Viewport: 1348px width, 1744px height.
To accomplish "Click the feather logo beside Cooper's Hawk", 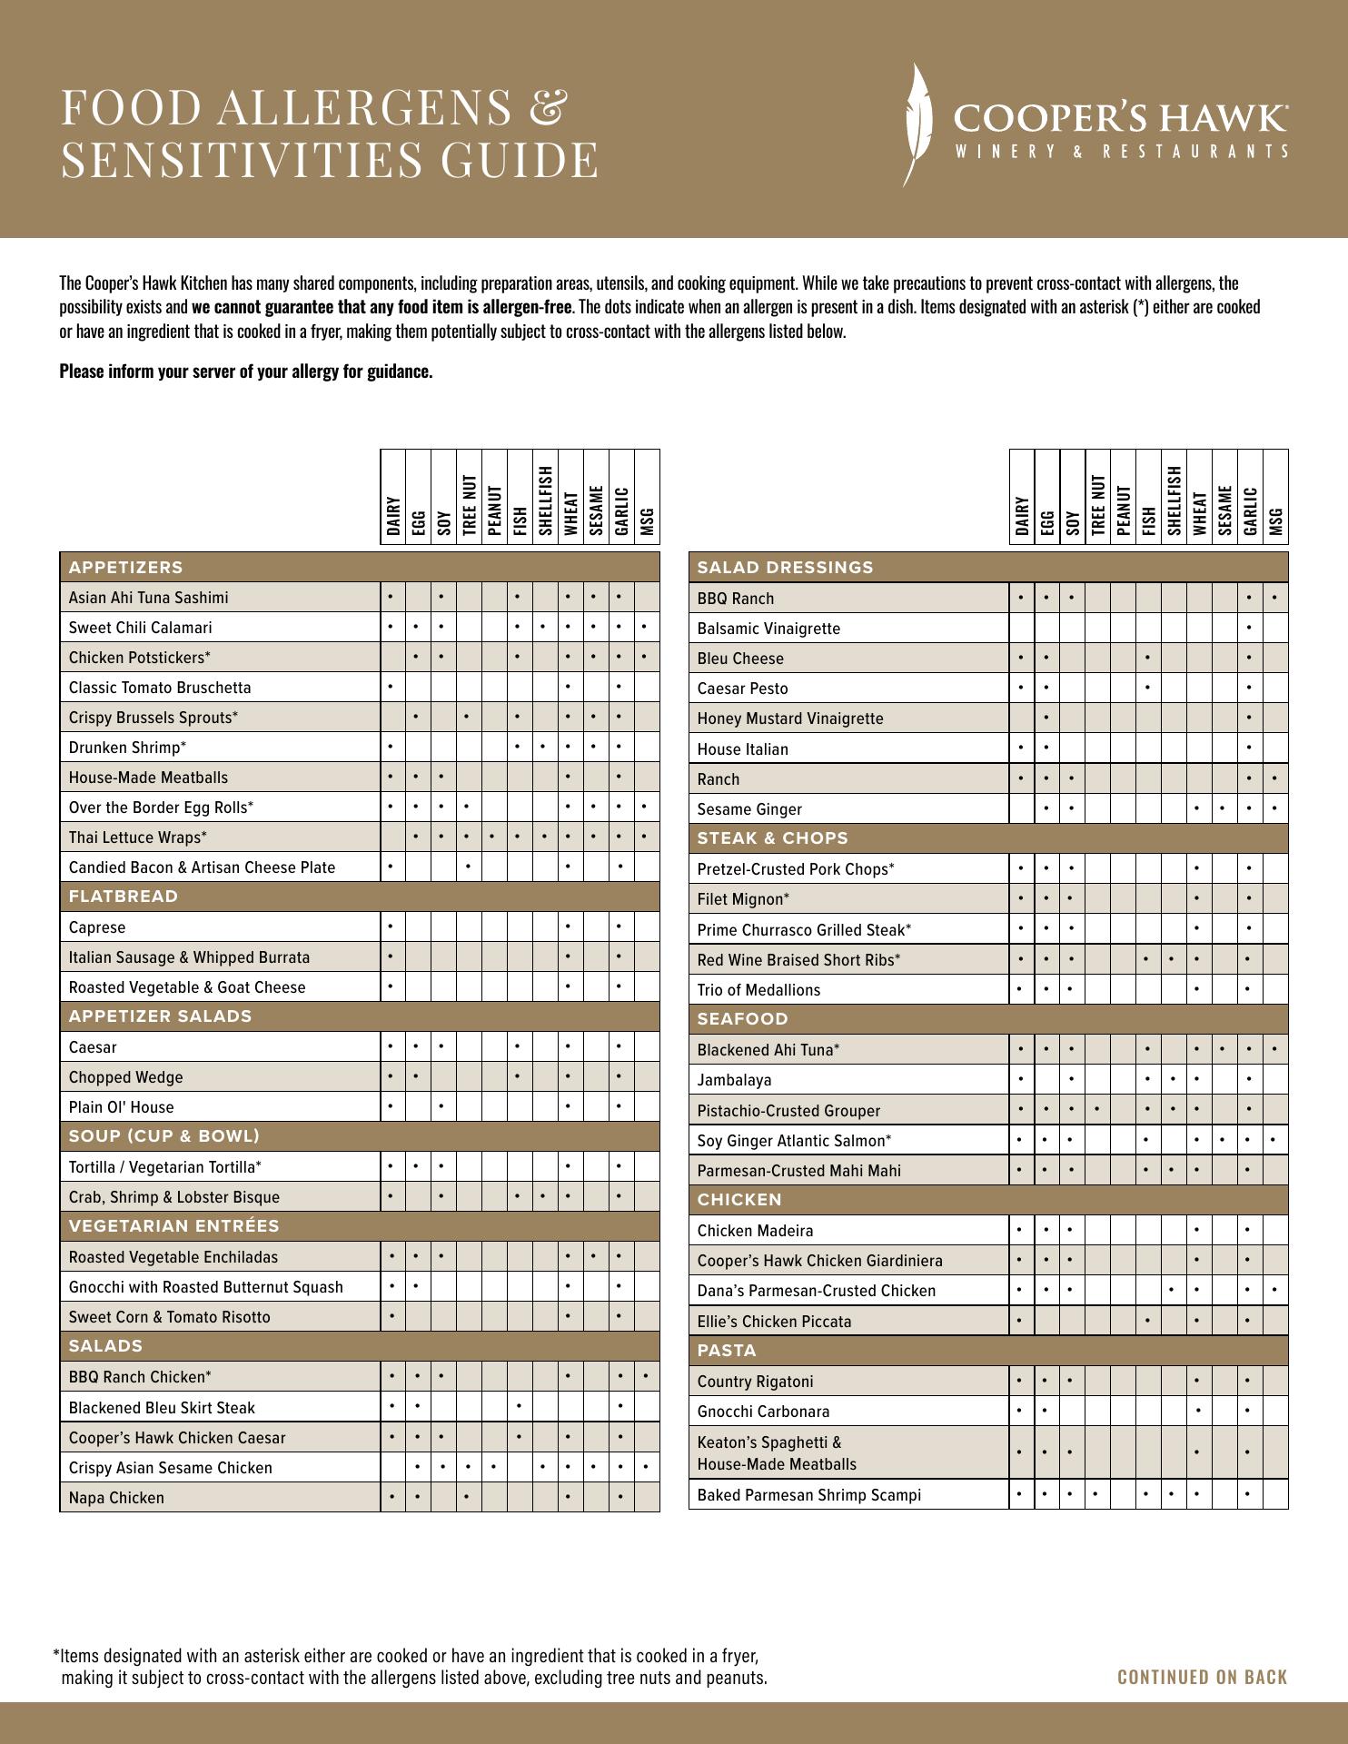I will (919, 125).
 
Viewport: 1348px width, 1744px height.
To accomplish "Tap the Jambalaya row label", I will (734, 1080).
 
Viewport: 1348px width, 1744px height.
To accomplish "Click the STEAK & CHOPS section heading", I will (772, 838).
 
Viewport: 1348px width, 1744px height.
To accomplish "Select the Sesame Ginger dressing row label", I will (749, 809).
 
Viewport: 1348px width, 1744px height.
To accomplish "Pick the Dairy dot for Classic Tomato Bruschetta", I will (391, 688).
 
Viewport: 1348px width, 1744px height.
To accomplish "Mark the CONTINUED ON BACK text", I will (1202, 1677).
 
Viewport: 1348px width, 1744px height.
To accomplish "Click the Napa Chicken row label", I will (116, 1498).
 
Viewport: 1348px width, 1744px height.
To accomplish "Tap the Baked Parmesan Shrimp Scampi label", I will (808, 1495).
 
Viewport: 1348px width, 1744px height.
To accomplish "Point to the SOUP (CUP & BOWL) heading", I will (164, 1136).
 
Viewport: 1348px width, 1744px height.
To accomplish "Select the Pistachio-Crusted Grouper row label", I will (788, 1111).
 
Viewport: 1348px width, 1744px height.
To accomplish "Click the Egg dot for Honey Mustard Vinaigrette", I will (1046, 718).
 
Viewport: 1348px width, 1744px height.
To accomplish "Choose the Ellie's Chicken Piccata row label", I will (774, 1322).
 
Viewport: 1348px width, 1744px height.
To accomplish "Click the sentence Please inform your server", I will (245, 372).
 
